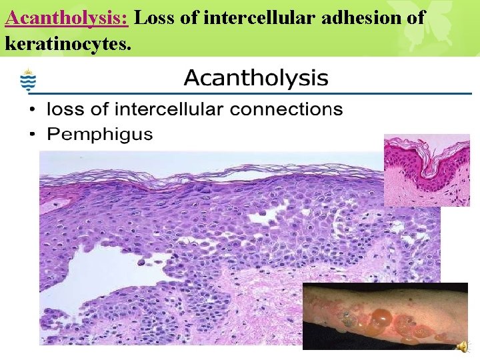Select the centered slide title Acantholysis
click(256, 79)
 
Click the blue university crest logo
click(28, 81)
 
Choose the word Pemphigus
click(100, 135)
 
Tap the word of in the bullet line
click(99, 109)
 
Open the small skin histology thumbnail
click(427, 170)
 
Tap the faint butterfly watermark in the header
click(413, 30)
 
